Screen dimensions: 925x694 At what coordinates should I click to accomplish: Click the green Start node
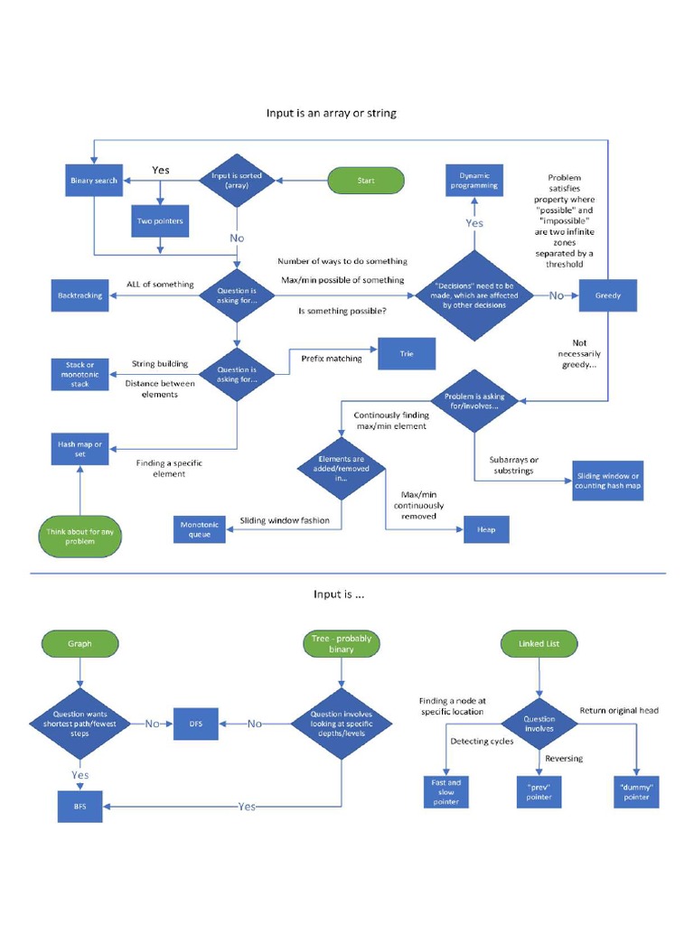[x=365, y=181]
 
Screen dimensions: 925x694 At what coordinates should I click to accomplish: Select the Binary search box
[x=94, y=181]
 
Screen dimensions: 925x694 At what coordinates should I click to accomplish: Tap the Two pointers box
[x=161, y=220]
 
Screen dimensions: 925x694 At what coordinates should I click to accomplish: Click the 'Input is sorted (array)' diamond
[x=236, y=181]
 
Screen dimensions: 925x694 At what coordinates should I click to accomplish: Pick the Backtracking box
[x=80, y=295]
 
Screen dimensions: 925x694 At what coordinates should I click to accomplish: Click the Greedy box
[x=607, y=295]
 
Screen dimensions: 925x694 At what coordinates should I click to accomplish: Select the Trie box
[x=406, y=353]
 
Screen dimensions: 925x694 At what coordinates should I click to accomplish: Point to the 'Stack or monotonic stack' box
[x=80, y=374]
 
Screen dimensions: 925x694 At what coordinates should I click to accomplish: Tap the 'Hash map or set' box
[x=80, y=449]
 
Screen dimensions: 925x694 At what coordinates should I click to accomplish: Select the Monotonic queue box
[x=199, y=529]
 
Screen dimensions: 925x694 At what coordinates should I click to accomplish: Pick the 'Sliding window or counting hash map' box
[x=608, y=481]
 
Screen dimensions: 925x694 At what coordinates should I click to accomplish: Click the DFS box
[x=196, y=724]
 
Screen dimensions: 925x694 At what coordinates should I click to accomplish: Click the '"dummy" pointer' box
[x=636, y=791]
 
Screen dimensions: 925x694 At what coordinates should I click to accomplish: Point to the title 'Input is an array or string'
[x=331, y=114]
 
